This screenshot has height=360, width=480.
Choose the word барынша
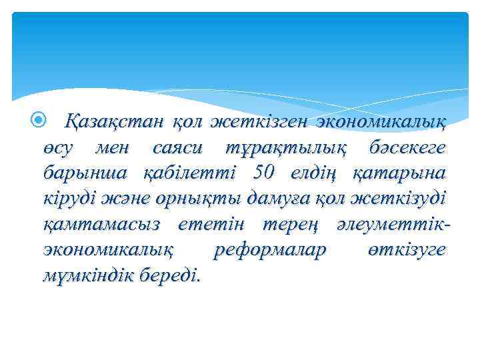click(x=87, y=173)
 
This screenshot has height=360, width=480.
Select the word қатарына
click(x=400, y=173)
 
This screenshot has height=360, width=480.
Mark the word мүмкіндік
click(x=91, y=275)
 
